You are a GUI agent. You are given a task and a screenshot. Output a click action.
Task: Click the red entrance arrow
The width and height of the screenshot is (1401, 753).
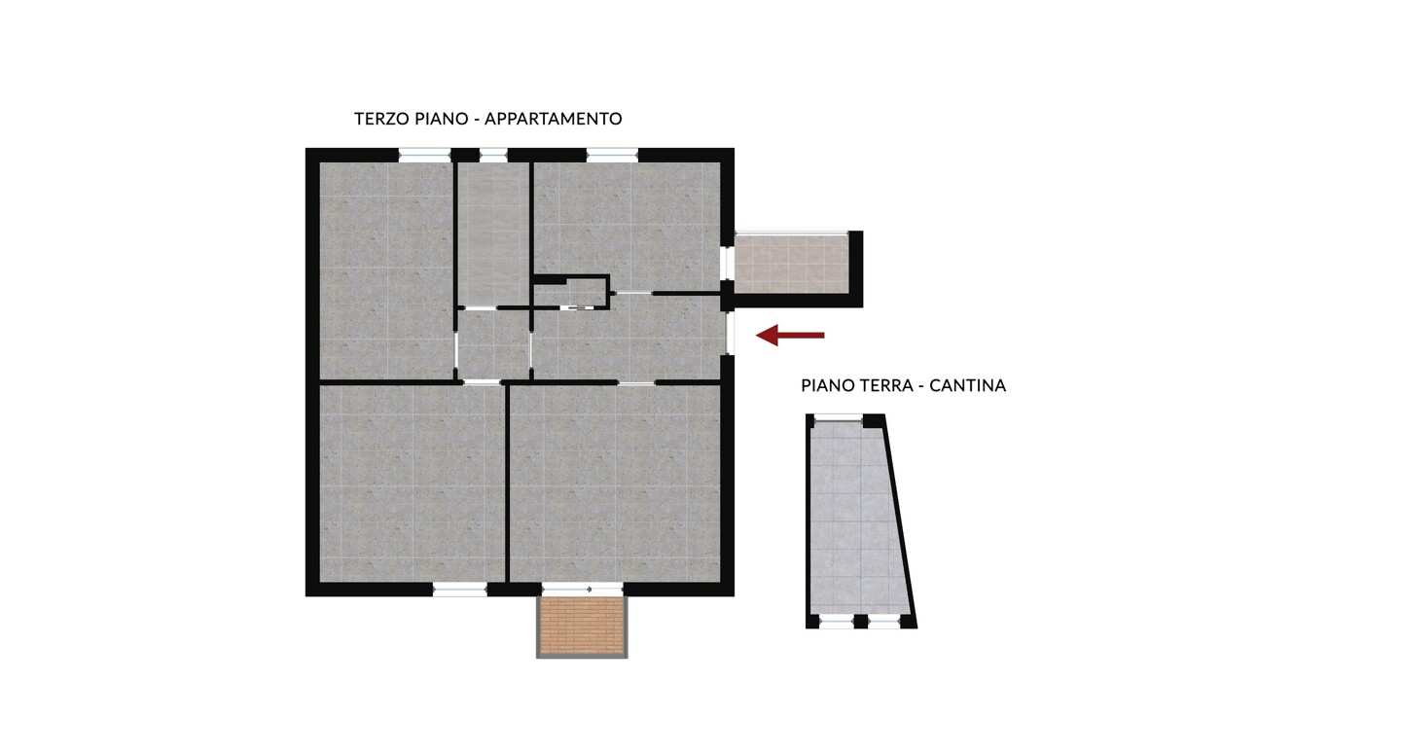790,336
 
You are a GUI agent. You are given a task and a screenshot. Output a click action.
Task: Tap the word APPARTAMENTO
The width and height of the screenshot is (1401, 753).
554,119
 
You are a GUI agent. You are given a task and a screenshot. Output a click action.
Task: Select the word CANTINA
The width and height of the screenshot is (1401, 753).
967,386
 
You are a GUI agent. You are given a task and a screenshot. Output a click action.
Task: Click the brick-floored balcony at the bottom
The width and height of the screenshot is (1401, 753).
582,626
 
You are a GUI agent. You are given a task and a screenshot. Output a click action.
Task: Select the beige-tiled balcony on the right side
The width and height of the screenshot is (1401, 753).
792,264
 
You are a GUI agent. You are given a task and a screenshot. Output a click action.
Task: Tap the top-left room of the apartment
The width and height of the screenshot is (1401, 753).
386,270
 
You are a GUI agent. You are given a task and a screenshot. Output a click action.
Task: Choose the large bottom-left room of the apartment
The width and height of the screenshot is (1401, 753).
412,483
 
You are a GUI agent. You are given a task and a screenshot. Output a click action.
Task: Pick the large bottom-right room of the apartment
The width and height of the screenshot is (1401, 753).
615,483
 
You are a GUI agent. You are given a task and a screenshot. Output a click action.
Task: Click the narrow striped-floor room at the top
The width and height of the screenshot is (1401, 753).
493,233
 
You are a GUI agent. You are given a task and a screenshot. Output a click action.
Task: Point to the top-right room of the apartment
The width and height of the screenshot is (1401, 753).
627,227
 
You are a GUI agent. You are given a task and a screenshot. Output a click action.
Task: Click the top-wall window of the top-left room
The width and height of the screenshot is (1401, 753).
424,155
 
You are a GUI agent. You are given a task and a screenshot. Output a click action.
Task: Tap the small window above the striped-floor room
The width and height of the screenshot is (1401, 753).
493,155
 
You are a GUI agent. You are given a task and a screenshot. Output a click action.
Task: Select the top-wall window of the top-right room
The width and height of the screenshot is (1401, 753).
612,155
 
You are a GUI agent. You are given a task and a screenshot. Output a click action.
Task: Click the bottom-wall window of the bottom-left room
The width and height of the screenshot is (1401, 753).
460,590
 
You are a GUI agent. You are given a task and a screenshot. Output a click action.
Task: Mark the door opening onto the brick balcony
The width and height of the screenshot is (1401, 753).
582,590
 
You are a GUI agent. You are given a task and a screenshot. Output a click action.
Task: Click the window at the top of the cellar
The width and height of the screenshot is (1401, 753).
838,417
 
